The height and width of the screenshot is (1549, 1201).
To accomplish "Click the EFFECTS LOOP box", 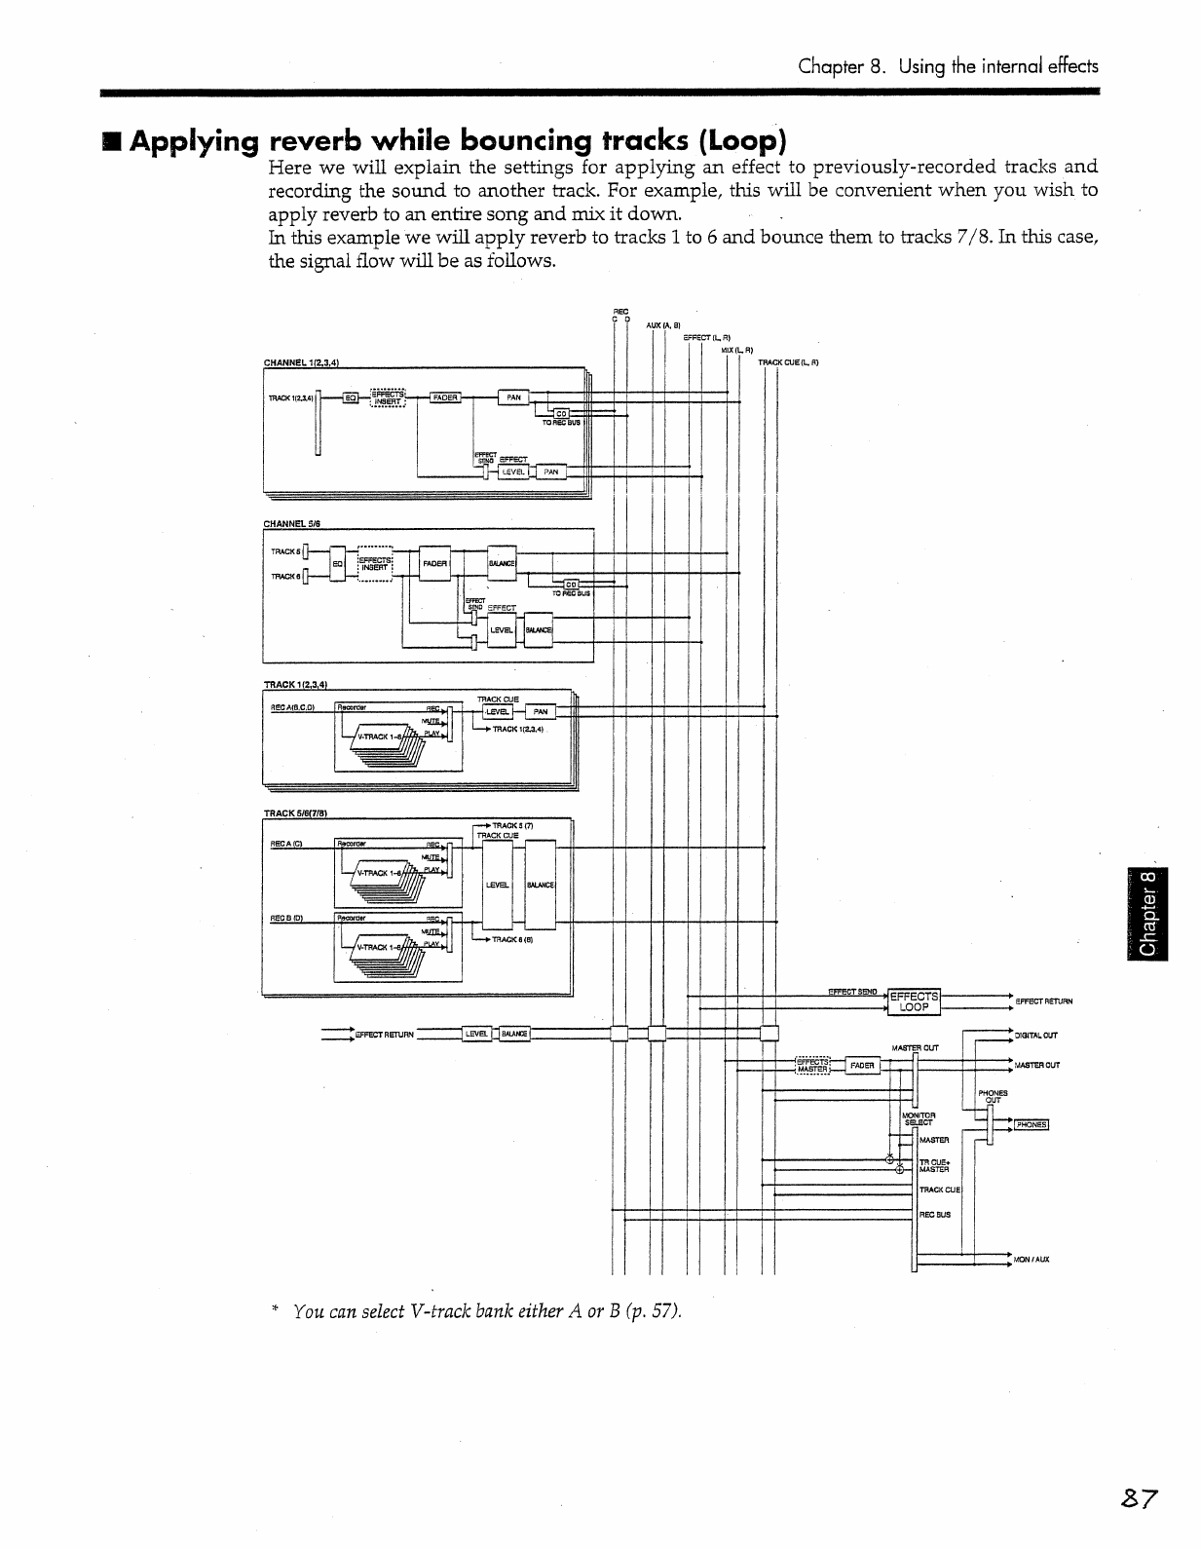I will pyautogui.click(x=914, y=1001).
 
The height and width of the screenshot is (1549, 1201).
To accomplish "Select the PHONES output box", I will pyautogui.click(x=1030, y=1124).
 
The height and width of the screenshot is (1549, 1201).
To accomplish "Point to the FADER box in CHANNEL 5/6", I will pyautogui.click(x=434, y=564).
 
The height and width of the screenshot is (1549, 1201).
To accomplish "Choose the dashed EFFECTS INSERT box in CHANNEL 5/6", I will pyautogui.click(x=375, y=564).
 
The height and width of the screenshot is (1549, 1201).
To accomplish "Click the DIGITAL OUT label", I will pyautogui.click(x=1035, y=1036).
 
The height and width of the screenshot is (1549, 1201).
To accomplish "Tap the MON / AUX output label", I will pyautogui.click(x=1031, y=1260).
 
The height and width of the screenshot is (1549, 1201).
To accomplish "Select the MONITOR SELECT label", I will pyautogui.click(x=920, y=1118).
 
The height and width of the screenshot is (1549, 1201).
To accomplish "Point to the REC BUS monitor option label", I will pyautogui.click(x=935, y=1215).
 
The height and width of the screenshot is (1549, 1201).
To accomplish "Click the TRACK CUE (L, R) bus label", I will pyautogui.click(x=788, y=362).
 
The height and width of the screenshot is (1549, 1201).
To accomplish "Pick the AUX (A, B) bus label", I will pyautogui.click(x=662, y=325).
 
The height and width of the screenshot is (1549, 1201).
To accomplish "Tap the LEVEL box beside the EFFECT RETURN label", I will pyautogui.click(x=477, y=1034).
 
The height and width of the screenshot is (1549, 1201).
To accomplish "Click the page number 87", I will pyautogui.click(x=1136, y=1497).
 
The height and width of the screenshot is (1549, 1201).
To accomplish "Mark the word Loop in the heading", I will pyautogui.click(x=743, y=141).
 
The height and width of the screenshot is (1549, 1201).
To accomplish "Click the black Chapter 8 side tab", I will pyautogui.click(x=1149, y=914).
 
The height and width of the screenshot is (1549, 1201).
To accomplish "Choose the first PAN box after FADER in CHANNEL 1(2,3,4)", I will pyautogui.click(x=513, y=397).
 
